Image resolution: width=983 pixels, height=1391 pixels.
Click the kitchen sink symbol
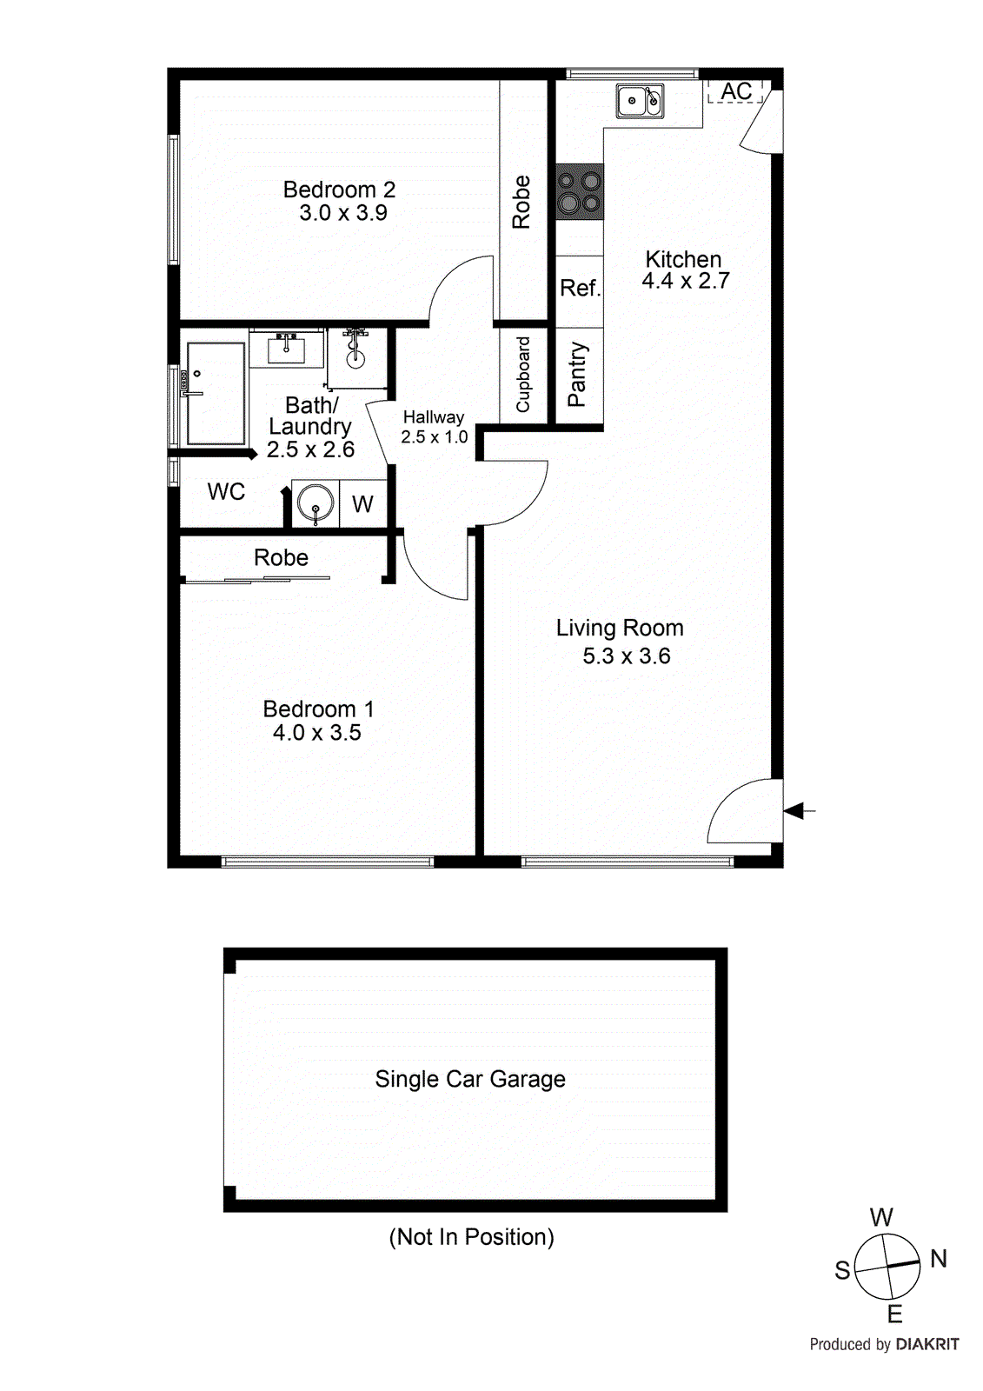[x=640, y=101]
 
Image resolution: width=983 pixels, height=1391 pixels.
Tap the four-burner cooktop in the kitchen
[x=579, y=191]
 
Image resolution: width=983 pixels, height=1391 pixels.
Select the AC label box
[x=736, y=91]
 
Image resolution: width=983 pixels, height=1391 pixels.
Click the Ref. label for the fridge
[x=580, y=288]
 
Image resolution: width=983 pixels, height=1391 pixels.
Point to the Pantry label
[x=578, y=375]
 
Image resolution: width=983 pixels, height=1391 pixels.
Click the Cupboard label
[x=523, y=375]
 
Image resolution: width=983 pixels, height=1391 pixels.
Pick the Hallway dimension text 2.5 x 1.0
[x=434, y=437]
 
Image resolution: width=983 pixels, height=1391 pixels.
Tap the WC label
[x=226, y=492]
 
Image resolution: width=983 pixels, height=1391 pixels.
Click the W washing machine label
[x=362, y=504]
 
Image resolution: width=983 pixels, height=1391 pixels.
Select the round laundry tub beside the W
[x=315, y=503]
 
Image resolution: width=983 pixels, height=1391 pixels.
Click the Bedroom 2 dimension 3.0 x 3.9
[x=343, y=213]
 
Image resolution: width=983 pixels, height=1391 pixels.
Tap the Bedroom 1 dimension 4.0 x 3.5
[x=316, y=733]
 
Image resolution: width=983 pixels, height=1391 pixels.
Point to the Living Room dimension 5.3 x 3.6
[x=626, y=656]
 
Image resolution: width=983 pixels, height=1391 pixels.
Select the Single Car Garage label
[x=470, y=1080]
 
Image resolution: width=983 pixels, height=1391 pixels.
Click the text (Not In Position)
[x=471, y=1237]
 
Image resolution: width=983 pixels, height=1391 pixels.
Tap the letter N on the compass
[x=939, y=1258]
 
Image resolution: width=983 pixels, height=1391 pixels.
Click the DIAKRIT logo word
[x=927, y=1344]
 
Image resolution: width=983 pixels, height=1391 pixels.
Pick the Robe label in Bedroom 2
[x=521, y=202]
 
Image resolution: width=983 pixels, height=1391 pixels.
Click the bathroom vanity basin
[x=286, y=349]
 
